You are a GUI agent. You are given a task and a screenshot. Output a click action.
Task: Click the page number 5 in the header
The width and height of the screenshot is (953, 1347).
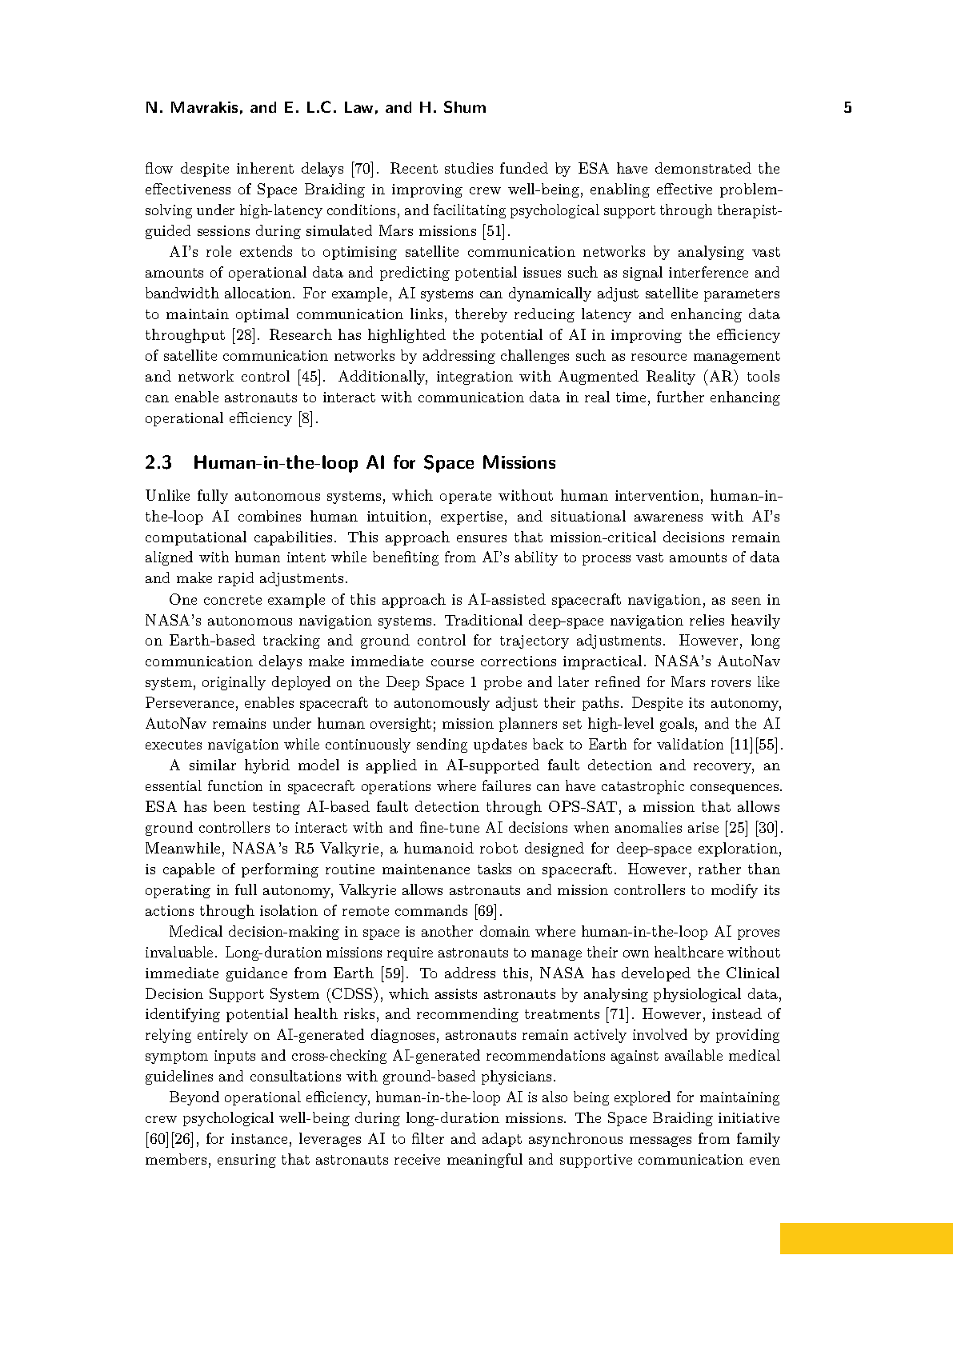tap(847, 108)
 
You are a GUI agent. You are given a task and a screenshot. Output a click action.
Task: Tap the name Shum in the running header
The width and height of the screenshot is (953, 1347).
tap(464, 108)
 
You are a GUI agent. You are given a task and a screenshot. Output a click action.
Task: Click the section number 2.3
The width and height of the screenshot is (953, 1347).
tap(158, 463)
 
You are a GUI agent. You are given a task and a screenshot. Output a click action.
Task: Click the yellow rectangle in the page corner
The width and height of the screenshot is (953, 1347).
tap(866, 1238)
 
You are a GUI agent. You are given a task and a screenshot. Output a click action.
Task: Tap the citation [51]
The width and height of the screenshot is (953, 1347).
tap(496, 231)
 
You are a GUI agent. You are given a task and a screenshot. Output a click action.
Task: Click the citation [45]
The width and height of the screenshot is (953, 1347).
tap(310, 377)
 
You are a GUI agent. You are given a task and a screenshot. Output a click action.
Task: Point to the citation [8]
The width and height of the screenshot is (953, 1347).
tap(308, 418)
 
